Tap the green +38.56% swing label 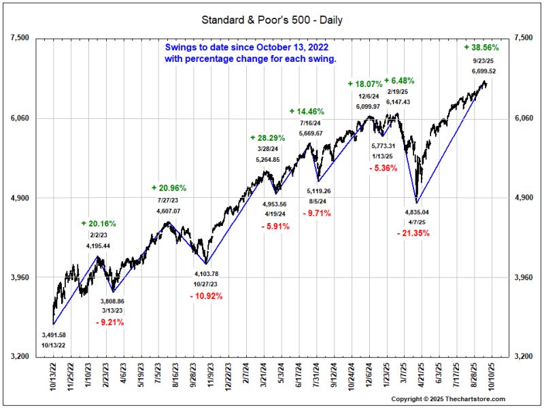click(481, 48)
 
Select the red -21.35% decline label click(415, 233)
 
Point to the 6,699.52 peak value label click(480, 71)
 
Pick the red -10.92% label click(205, 296)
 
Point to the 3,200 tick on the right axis click(522, 357)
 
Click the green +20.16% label click(98, 223)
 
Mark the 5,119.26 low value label click(319, 191)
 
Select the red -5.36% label click(384, 168)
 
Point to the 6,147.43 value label click(399, 101)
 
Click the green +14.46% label click(307, 111)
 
